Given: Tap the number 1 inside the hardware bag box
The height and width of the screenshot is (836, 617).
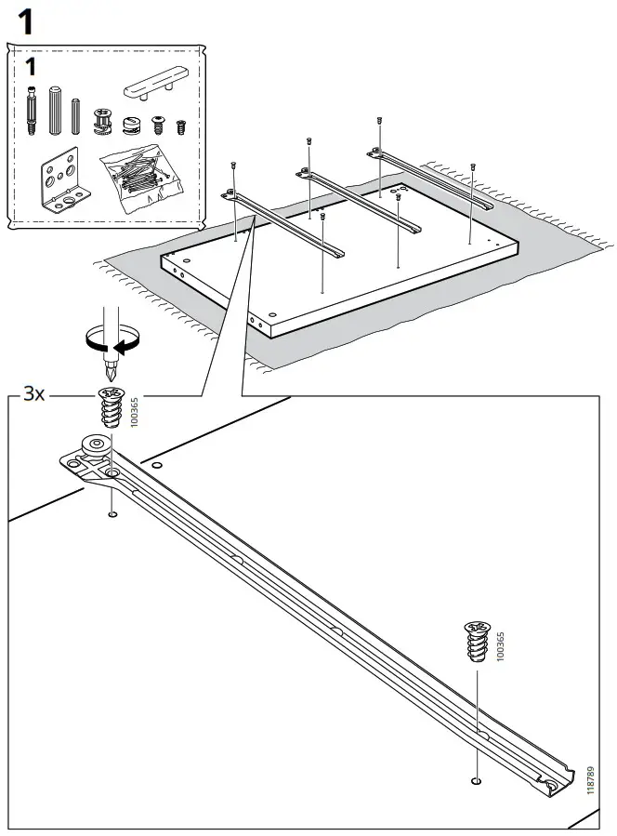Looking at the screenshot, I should tap(32, 67).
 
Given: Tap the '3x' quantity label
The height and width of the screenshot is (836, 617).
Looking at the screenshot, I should tap(34, 395).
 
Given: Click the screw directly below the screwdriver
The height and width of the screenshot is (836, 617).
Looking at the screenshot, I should tap(110, 409).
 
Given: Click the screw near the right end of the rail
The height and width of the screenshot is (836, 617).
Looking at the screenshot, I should tap(476, 643).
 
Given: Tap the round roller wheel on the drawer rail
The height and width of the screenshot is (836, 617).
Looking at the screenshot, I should tap(96, 447).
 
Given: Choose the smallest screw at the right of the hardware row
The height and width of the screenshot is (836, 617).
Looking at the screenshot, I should tap(181, 126).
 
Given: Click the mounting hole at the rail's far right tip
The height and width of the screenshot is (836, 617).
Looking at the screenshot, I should tap(558, 788).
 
